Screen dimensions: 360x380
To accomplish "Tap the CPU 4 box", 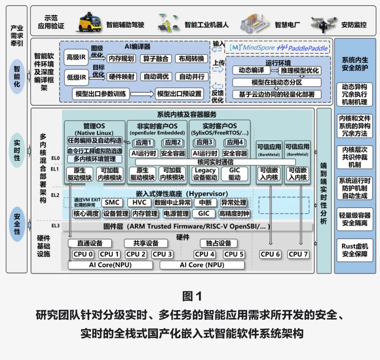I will click(x=204, y=254).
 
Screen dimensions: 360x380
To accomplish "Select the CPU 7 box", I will click(x=298, y=254).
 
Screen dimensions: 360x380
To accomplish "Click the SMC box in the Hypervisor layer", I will click(x=112, y=203).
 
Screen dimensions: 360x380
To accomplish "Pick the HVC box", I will click(x=139, y=203).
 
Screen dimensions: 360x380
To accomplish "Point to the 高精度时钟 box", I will click(x=234, y=213).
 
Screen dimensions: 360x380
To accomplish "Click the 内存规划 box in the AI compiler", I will click(x=121, y=58).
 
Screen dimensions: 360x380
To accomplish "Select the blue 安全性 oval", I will click(x=17, y=223).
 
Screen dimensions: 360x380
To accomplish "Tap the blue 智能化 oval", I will click(x=17, y=76).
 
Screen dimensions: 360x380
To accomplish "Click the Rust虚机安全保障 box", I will click(x=354, y=250).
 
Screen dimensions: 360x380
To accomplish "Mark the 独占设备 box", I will click(x=218, y=243).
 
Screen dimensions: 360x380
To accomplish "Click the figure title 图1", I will click(x=192, y=296).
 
